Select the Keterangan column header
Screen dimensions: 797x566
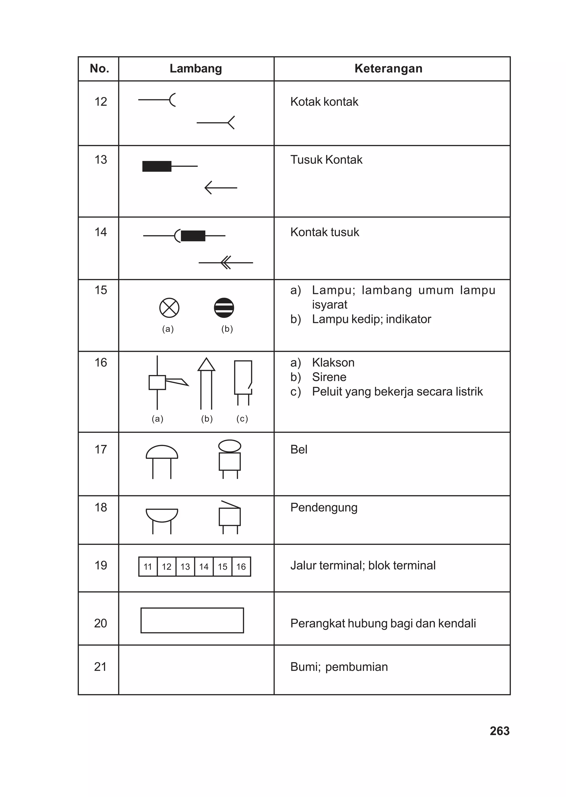[x=388, y=69]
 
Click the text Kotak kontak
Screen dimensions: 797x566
[x=324, y=102]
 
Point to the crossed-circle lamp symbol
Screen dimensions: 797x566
[x=169, y=308]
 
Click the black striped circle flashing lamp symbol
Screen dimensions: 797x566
[x=224, y=308]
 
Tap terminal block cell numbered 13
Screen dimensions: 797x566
[x=185, y=567]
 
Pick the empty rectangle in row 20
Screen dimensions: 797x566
[x=192, y=620]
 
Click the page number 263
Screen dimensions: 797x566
[x=499, y=731]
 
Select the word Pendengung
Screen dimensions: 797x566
[x=324, y=508]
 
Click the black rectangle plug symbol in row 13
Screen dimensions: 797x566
[x=157, y=166]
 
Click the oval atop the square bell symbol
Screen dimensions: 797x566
[x=230, y=446]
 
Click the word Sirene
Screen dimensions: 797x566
[x=329, y=377]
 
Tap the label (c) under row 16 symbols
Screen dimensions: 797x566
[x=242, y=419]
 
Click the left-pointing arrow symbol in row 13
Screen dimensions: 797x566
[x=221, y=187]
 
